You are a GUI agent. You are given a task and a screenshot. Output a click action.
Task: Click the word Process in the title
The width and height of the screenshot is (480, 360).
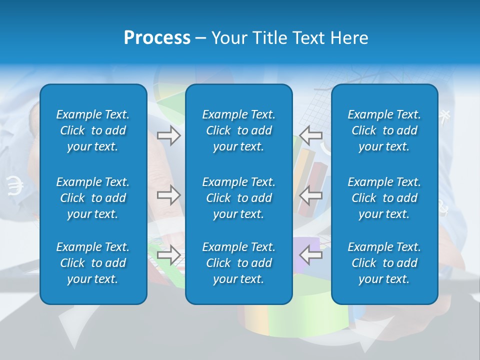coord(157,38)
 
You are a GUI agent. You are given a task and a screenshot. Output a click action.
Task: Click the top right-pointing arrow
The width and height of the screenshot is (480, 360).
coord(168,135)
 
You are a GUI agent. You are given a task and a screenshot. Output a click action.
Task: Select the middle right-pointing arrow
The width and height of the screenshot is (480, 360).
coord(168,195)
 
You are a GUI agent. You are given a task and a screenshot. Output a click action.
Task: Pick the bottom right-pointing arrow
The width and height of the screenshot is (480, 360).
coord(168,255)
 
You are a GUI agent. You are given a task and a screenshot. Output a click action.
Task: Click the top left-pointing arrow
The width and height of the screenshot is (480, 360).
coord(311,135)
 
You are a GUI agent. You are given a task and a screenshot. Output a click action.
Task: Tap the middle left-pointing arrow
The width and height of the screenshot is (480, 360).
coord(311,195)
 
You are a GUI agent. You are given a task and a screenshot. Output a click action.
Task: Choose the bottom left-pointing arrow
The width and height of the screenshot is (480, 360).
coord(311,255)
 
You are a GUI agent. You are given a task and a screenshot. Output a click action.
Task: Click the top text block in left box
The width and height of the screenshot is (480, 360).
coord(93,130)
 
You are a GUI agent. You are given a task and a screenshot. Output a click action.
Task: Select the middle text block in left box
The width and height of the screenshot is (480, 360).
coord(93,198)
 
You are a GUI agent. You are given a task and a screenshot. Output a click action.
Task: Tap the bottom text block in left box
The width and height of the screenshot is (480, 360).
coord(93,263)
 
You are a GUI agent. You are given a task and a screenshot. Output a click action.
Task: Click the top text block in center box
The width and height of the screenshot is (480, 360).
coord(239,130)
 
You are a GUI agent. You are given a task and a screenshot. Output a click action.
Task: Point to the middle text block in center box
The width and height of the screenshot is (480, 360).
coord(239,198)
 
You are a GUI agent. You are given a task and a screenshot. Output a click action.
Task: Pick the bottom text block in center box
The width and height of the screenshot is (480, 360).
coord(239,263)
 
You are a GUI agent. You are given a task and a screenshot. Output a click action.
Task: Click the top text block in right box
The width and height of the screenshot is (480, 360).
coord(384,130)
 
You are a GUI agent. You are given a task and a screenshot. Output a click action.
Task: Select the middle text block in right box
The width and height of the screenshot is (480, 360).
coord(384,198)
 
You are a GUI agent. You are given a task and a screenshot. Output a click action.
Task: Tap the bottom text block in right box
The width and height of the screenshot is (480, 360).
coord(384,263)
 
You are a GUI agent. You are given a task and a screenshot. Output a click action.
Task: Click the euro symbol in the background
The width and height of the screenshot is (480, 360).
coord(15,186)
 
